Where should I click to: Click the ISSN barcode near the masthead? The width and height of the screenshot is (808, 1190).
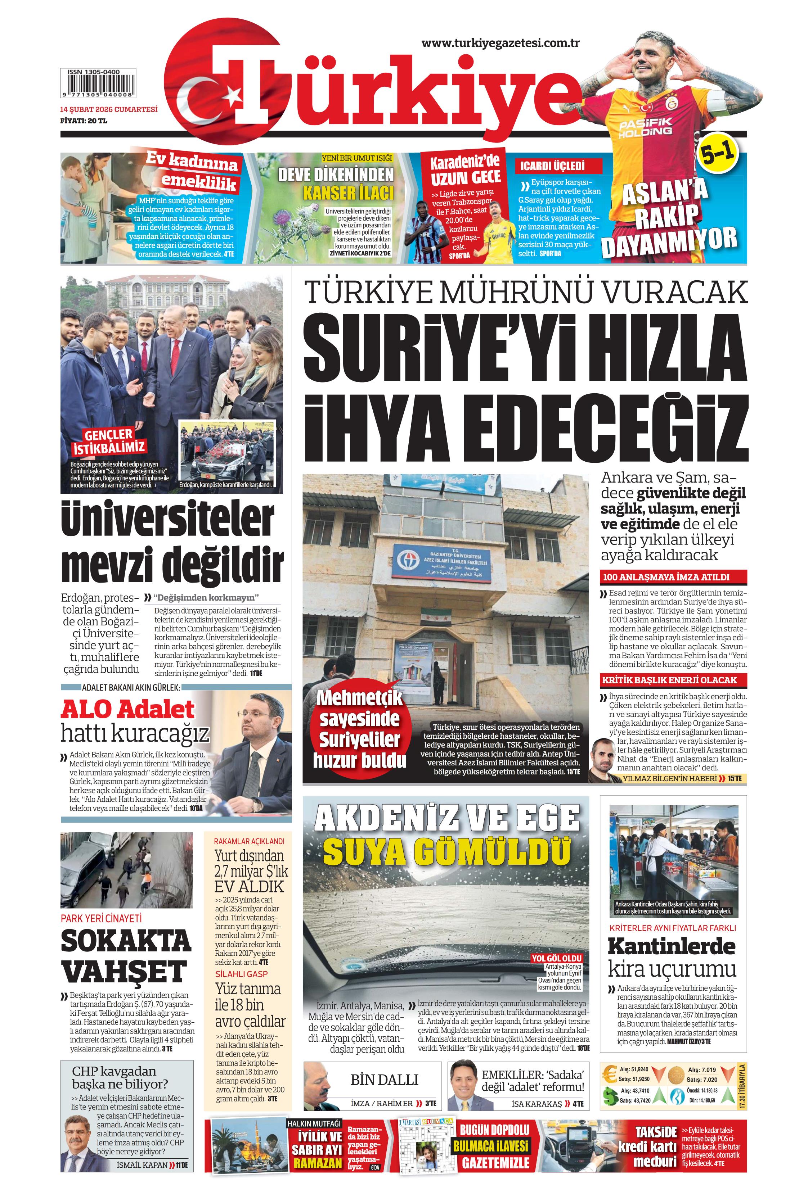pyautogui.click(x=98, y=85)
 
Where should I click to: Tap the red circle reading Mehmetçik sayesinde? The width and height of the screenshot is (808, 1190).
pyautogui.click(x=359, y=729)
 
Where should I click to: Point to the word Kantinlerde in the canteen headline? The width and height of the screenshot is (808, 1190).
pyautogui.click(x=671, y=946)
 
